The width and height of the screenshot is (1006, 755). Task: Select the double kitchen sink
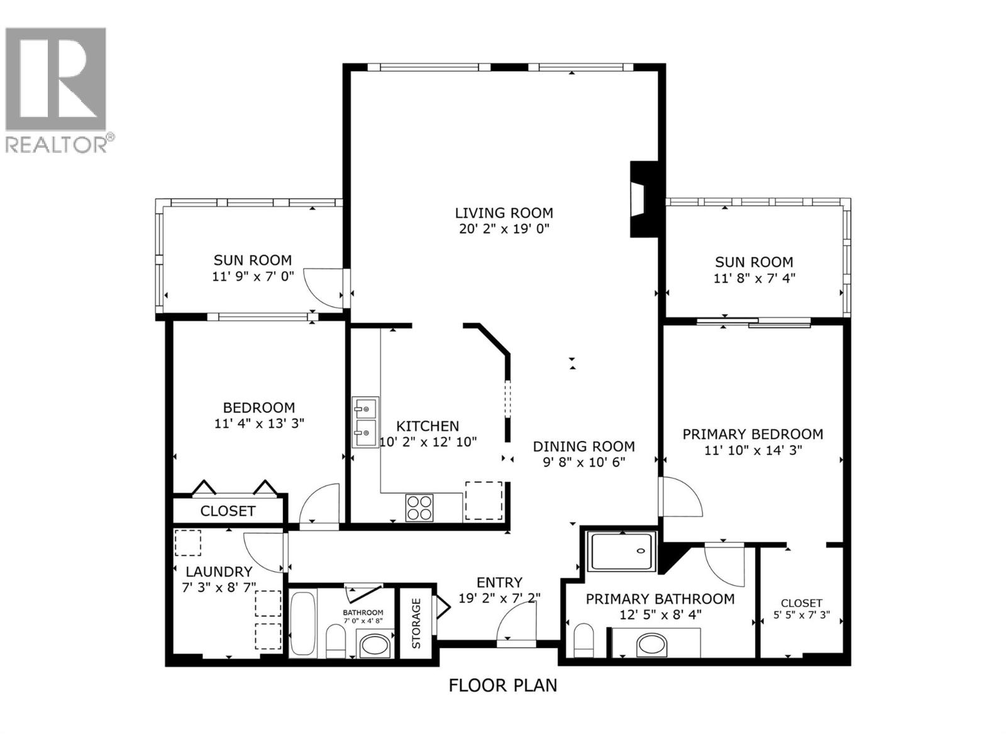(365, 422)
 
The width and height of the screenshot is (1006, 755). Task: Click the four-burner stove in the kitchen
(419, 508)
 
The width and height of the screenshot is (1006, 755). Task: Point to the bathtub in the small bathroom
(304, 624)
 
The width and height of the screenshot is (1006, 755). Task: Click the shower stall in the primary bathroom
(621, 551)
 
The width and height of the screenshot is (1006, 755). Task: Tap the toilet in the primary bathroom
(583, 640)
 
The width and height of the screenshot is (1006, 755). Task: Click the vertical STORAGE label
(416, 623)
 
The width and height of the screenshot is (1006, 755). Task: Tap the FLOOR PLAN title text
(502, 685)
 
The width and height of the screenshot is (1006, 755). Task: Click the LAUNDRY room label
(219, 572)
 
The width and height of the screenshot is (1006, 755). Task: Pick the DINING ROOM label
(583, 447)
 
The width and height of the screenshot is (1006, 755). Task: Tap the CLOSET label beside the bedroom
(228, 511)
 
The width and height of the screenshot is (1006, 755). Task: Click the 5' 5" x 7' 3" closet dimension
(801, 615)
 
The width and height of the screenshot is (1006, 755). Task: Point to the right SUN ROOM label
(754, 262)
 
